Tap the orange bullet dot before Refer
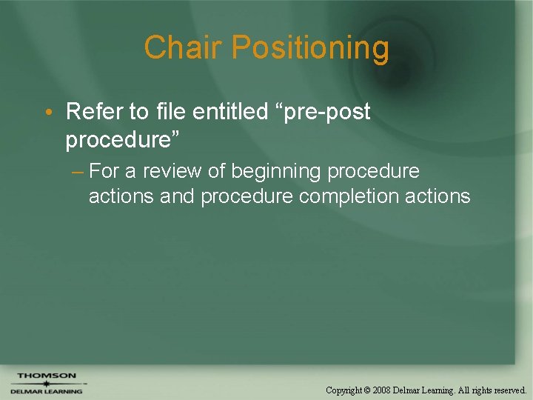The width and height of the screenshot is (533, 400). (x=47, y=113)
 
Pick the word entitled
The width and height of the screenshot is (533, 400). (x=228, y=112)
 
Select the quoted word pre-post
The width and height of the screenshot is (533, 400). (x=324, y=113)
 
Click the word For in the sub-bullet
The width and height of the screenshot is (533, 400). (x=104, y=171)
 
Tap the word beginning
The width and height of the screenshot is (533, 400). (x=276, y=172)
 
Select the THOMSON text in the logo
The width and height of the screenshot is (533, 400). (x=46, y=376)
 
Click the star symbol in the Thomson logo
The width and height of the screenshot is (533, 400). (x=46, y=384)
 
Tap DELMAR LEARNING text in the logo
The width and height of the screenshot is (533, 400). (x=46, y=392)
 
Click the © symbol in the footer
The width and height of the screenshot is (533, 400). (x=368, y=390)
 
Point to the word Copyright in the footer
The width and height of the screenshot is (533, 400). (x=343, y=390)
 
